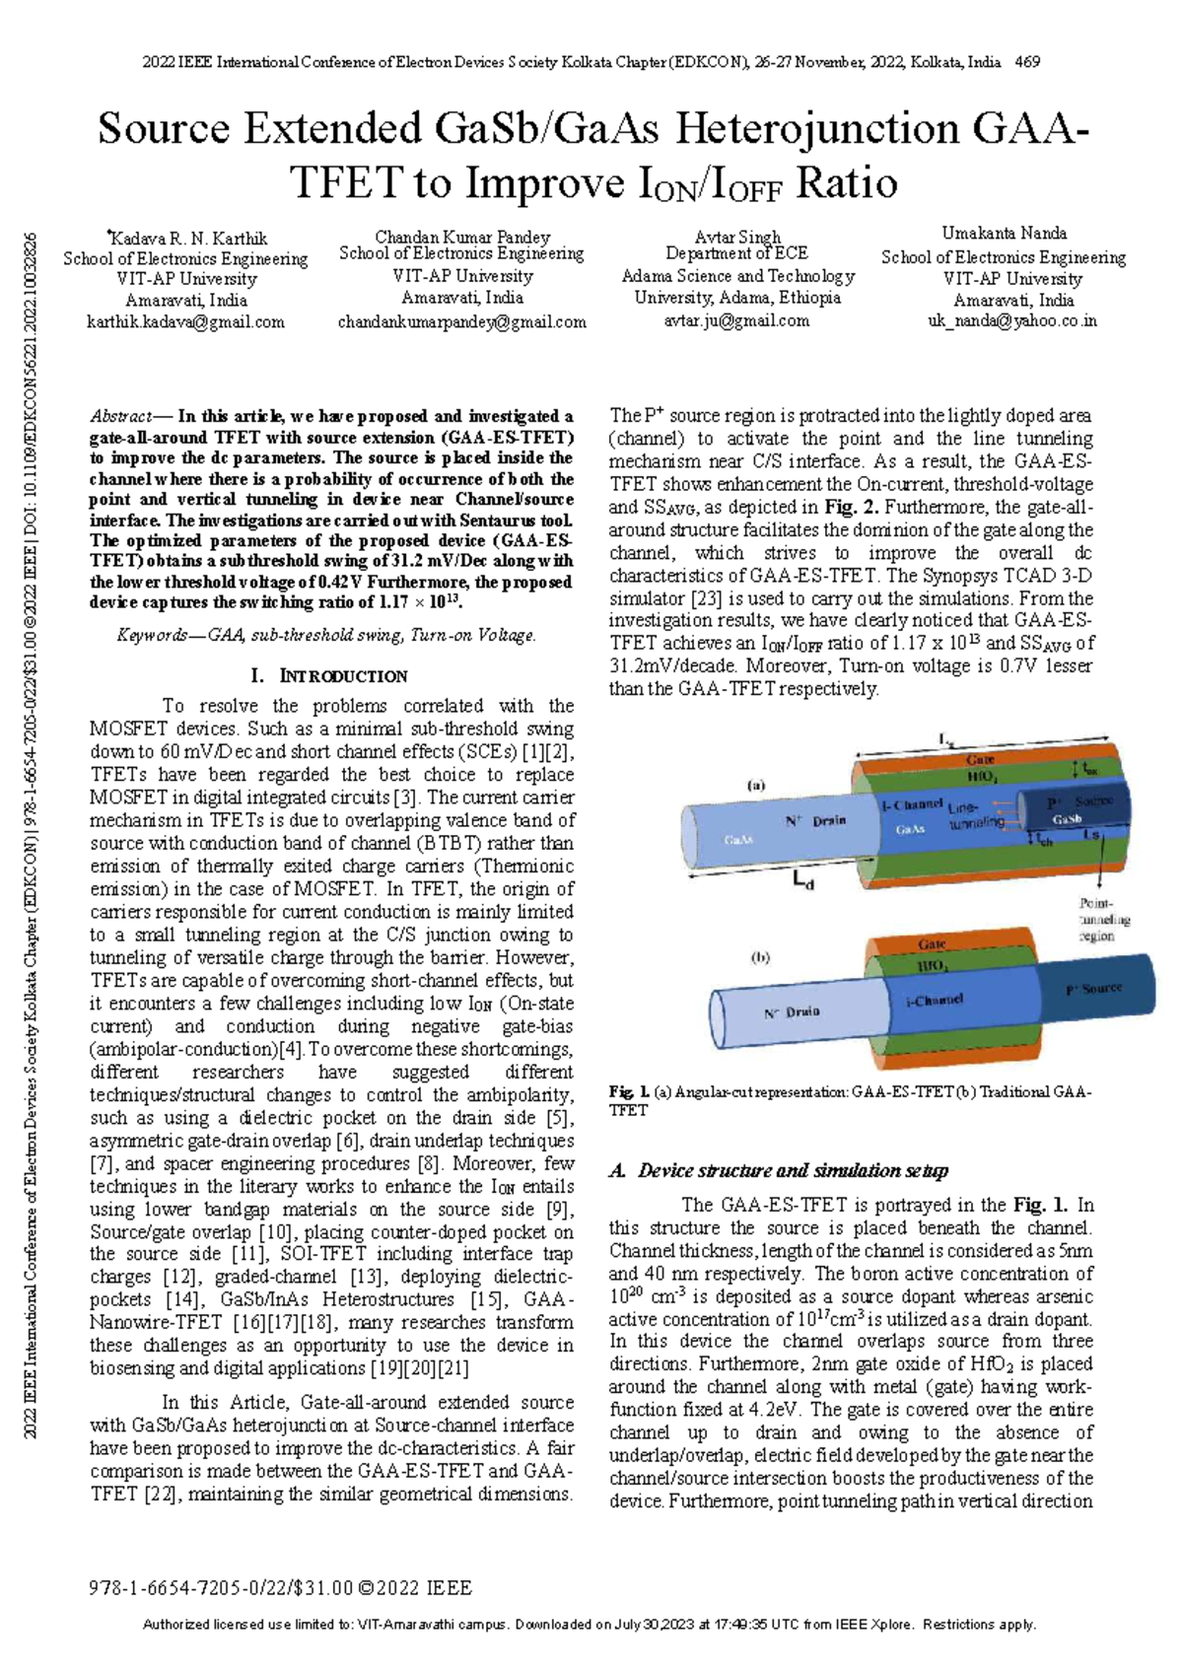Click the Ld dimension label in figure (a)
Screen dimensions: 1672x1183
tap(803, 882)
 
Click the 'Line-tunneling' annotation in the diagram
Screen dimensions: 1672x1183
tap(976, 815)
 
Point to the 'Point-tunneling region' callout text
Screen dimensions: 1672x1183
tap(1103, 919)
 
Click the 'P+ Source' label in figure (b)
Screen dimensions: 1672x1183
tap(1093, 988)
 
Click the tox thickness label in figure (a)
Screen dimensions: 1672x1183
tap(1089, 768)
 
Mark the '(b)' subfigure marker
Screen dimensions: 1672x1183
tap(760, 956)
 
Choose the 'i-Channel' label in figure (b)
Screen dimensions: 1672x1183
tap(934, 1000)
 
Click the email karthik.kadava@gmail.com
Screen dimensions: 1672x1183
tap(185, 322)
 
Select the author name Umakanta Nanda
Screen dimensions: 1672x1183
tap(1004, 234)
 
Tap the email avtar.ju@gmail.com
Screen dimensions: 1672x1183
tap(736, 320)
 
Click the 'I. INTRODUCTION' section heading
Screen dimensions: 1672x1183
tap(329, 676)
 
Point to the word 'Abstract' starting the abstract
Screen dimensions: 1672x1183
tap(120, 417)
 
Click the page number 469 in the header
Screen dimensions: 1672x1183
tap(1027, 62)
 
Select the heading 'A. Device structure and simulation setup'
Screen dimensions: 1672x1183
tap(778, 1170)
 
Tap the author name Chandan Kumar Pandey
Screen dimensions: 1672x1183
tap(461, 237)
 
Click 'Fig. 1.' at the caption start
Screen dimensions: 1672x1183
tap(628, 1091)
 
